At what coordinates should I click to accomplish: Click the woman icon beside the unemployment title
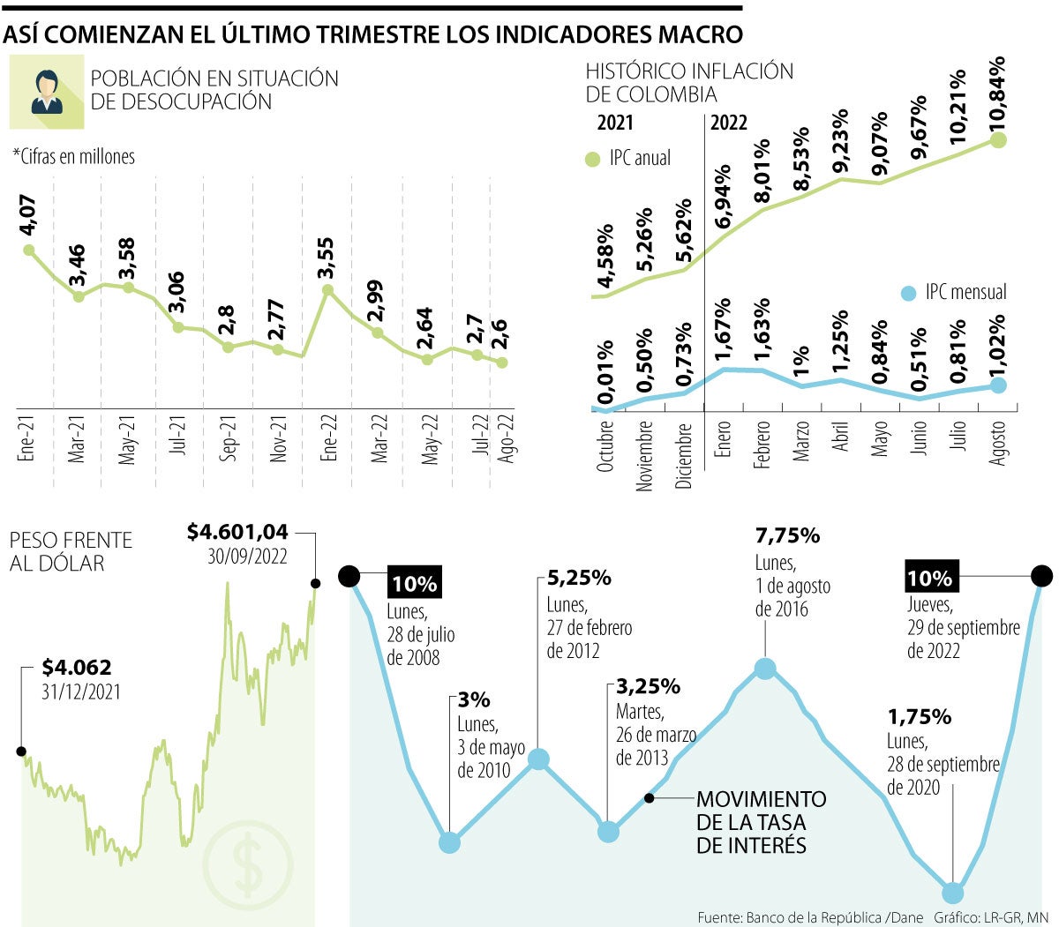[x=46, y=92]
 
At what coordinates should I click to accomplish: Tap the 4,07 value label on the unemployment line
[x=27, y=215]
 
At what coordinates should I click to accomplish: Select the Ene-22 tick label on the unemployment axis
[x=329, y=438]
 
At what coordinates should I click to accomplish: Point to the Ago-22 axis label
[x=507, y=438]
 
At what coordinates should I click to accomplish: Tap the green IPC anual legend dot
[x=593, y=160]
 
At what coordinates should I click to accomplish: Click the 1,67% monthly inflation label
[x=723, y=330]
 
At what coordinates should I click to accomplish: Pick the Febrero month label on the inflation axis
[x=762, y=445]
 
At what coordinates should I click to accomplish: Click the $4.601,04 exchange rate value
[x=237, y=532]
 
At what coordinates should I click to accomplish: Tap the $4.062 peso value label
[x=77, y=668]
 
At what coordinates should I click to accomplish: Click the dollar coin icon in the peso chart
[x=248, y=865]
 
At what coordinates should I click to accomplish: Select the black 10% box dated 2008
[x=414, y=584]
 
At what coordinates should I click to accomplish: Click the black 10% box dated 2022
[x=930, y=579]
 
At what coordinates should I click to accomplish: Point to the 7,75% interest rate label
[x=787, y=535]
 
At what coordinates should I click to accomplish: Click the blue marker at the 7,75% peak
[x=765, y=669]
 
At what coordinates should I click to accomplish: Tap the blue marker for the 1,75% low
[x=952, y=892]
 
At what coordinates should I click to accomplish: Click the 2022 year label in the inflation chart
[x=728, y=123]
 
